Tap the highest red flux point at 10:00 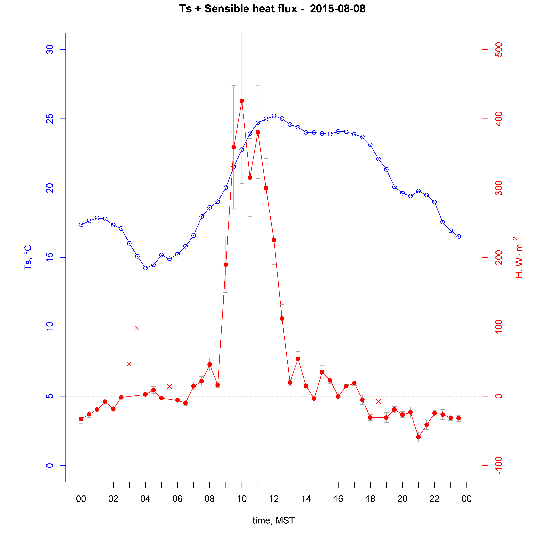click(x=242, y=101)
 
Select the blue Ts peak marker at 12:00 click(x=274, y=116)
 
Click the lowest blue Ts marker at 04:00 click(x=145, y=268)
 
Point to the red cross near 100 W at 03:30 click(x=137, y=328)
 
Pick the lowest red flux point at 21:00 click(x=418, y=437)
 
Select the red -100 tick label click(x=498, y=466)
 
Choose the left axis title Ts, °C click(x=28, y=257)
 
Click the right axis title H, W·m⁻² click(x=519, y=257)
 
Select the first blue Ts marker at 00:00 click(x=81, y=225)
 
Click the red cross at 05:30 click(x=169, y=386)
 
